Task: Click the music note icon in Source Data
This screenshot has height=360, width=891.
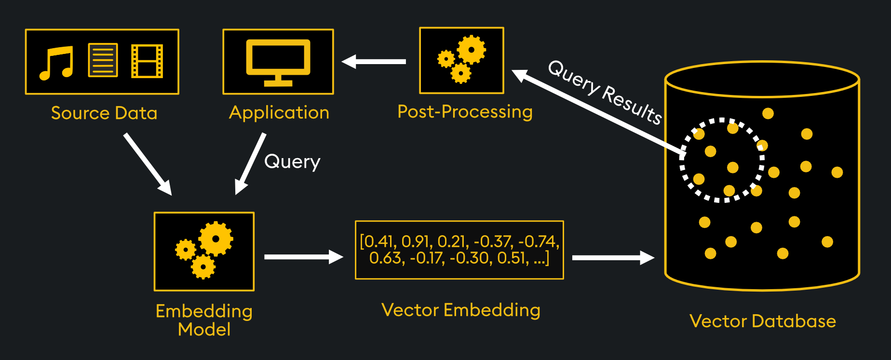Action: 56,63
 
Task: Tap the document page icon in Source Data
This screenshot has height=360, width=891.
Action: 103,60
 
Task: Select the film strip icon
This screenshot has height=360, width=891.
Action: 147,61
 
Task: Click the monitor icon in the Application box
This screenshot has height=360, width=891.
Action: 278,62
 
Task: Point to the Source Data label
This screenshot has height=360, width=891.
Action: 104,113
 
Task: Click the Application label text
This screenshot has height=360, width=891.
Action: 279,113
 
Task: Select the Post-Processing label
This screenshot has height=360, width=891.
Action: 465,112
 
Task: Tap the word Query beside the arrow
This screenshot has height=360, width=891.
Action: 292,161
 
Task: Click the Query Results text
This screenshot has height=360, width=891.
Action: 605,93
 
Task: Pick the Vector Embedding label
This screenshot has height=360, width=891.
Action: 460,310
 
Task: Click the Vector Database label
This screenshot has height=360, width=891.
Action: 762,321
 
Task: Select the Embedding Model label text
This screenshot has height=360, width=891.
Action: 204,320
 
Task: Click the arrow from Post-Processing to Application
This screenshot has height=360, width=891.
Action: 374,62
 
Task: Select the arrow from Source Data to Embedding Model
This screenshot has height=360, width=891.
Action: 148,164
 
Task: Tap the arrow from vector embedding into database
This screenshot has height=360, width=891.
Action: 612,258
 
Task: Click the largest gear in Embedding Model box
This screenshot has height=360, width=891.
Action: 216,239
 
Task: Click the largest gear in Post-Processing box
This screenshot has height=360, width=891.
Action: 471,50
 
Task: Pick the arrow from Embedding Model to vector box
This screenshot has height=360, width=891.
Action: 303,257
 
